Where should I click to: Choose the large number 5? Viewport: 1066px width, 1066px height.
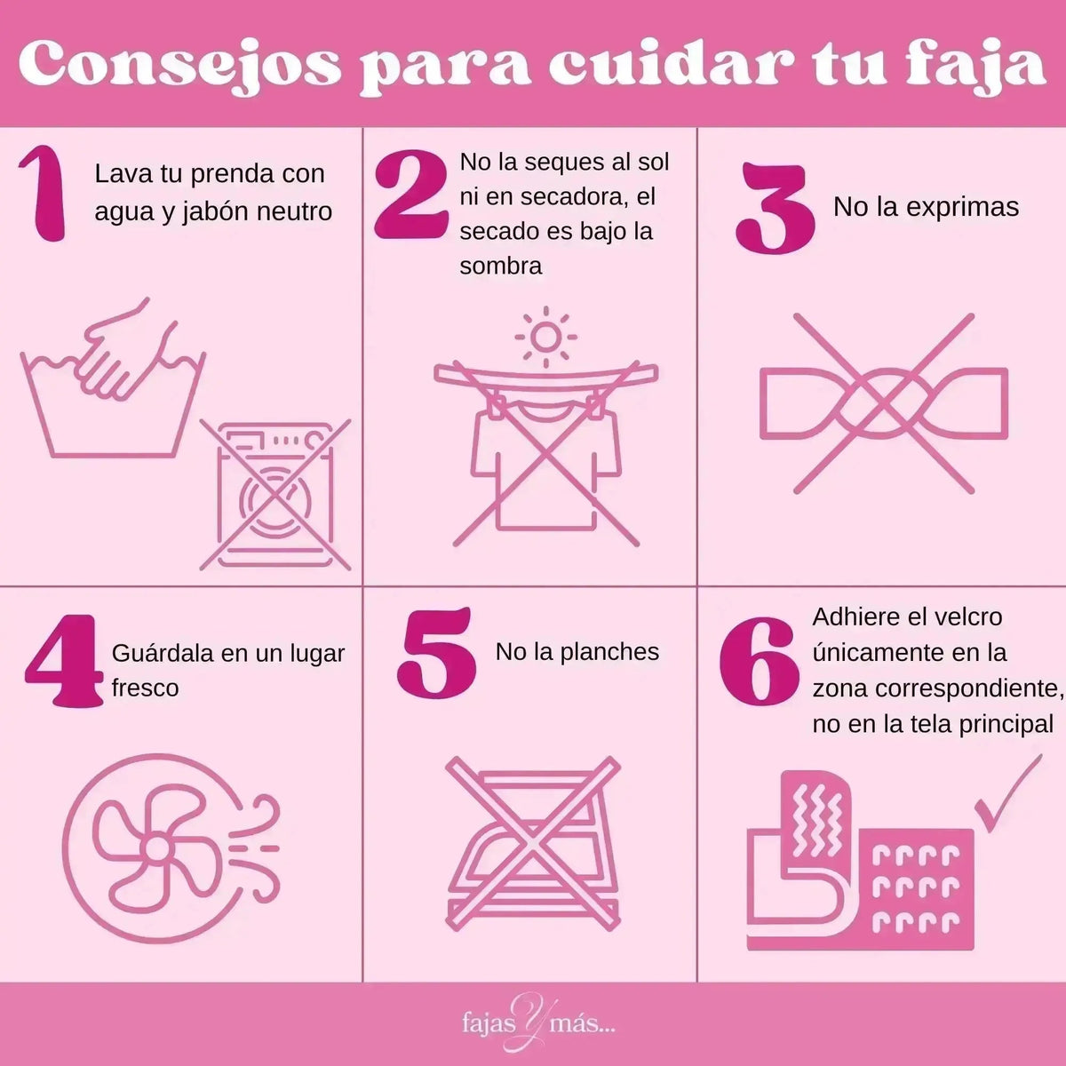click(435, 653)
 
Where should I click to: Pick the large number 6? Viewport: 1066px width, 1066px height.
click(756, 662)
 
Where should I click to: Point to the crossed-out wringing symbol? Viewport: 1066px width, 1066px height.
click(884, 403)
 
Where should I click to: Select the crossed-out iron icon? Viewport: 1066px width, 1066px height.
click(532, 844)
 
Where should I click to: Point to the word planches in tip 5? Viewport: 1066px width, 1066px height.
click(609, 652)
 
